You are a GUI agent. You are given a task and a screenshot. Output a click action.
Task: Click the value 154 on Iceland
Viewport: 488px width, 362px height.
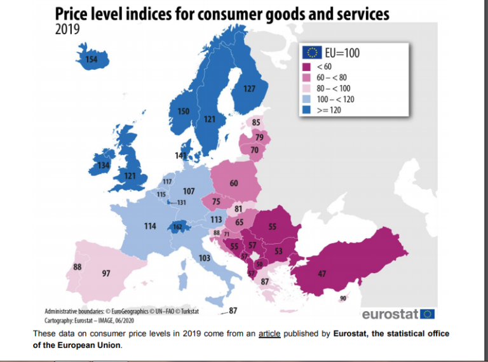click(91, 60)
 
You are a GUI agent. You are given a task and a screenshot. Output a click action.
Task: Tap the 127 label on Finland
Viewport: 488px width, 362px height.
click(250, 89)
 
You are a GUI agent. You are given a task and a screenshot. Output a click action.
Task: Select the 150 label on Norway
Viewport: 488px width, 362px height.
click(183, 112)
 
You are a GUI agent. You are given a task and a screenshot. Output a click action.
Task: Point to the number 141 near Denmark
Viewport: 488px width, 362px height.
click(180, 156)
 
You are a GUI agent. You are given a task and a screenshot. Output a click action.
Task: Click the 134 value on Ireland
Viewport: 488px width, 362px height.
click(103, 166)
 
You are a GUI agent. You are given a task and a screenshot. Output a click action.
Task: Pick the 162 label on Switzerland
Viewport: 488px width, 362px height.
click(178, 227)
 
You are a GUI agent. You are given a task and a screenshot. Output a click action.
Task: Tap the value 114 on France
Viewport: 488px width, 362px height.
click(150, 226)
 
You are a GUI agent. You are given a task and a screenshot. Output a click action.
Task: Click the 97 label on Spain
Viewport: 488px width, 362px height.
click(107, 273)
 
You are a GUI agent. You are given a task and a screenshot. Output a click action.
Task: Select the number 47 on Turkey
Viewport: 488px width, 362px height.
click(322, 274)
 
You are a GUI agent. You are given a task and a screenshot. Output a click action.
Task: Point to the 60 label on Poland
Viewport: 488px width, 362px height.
click(234, 183)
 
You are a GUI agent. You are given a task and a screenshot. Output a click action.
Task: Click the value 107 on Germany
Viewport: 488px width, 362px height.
click(189, 191)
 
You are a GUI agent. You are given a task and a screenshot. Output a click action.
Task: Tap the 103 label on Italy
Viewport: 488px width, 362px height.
click(204, 258)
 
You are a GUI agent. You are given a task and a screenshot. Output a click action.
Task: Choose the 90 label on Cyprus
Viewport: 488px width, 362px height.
click(343, 298)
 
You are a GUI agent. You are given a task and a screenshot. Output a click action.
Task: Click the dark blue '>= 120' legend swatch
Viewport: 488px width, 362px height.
click(306, 110)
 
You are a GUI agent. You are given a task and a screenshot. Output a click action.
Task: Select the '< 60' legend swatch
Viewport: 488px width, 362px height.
click(306, 66)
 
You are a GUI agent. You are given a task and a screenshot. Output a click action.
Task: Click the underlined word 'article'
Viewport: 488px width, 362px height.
click(269, 333)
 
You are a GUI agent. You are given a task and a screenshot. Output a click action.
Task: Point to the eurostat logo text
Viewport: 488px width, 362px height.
click(390, 314)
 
